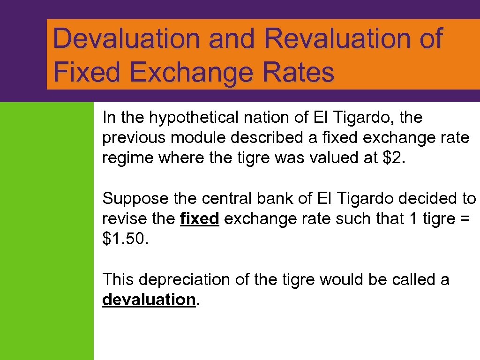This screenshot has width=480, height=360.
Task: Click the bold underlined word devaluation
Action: click(x=148, y=300)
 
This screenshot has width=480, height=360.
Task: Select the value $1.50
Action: click(x=124, y=240)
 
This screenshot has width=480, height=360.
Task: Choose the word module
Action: click(x=199, y=138)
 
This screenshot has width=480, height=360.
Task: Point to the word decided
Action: click(x=427, y=199)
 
